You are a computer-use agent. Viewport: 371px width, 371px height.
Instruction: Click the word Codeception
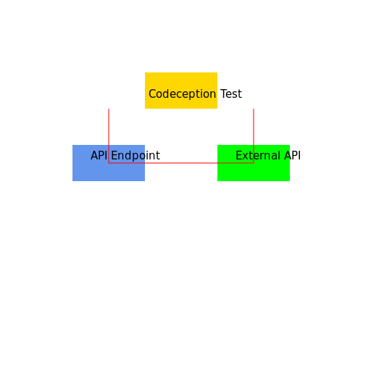tap(182, 94)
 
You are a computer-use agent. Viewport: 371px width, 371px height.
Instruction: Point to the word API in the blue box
tap(99, 156)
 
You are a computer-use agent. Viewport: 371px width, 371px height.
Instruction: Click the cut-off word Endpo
tap(128, 156)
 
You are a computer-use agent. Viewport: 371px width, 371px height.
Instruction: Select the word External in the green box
tap(258, 156)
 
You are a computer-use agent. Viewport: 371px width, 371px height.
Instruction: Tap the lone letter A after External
tap(287, 156)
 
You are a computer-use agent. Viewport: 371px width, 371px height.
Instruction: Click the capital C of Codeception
tap(152, 94)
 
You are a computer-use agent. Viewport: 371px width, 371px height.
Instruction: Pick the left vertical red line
tap(109, 130)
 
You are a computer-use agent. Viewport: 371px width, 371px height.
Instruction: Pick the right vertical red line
tap(254, 130)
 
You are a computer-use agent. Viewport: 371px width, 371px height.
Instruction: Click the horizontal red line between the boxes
tap(181, 163)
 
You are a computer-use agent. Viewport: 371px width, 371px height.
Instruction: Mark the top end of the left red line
tap(109, 109)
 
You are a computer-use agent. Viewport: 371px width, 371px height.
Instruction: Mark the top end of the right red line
tap(254, 109)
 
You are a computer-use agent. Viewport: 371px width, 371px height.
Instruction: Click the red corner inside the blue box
tap(109, 163)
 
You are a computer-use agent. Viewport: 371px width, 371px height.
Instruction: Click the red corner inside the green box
tap(254, 163)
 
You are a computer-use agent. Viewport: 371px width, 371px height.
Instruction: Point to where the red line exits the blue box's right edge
tap(145, 163)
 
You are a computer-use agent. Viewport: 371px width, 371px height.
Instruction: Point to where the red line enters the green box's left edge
tap(217, 163)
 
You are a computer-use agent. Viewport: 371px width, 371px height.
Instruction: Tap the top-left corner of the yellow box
tap(145, 72)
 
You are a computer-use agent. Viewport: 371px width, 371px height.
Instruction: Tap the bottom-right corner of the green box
tap(289, 180)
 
